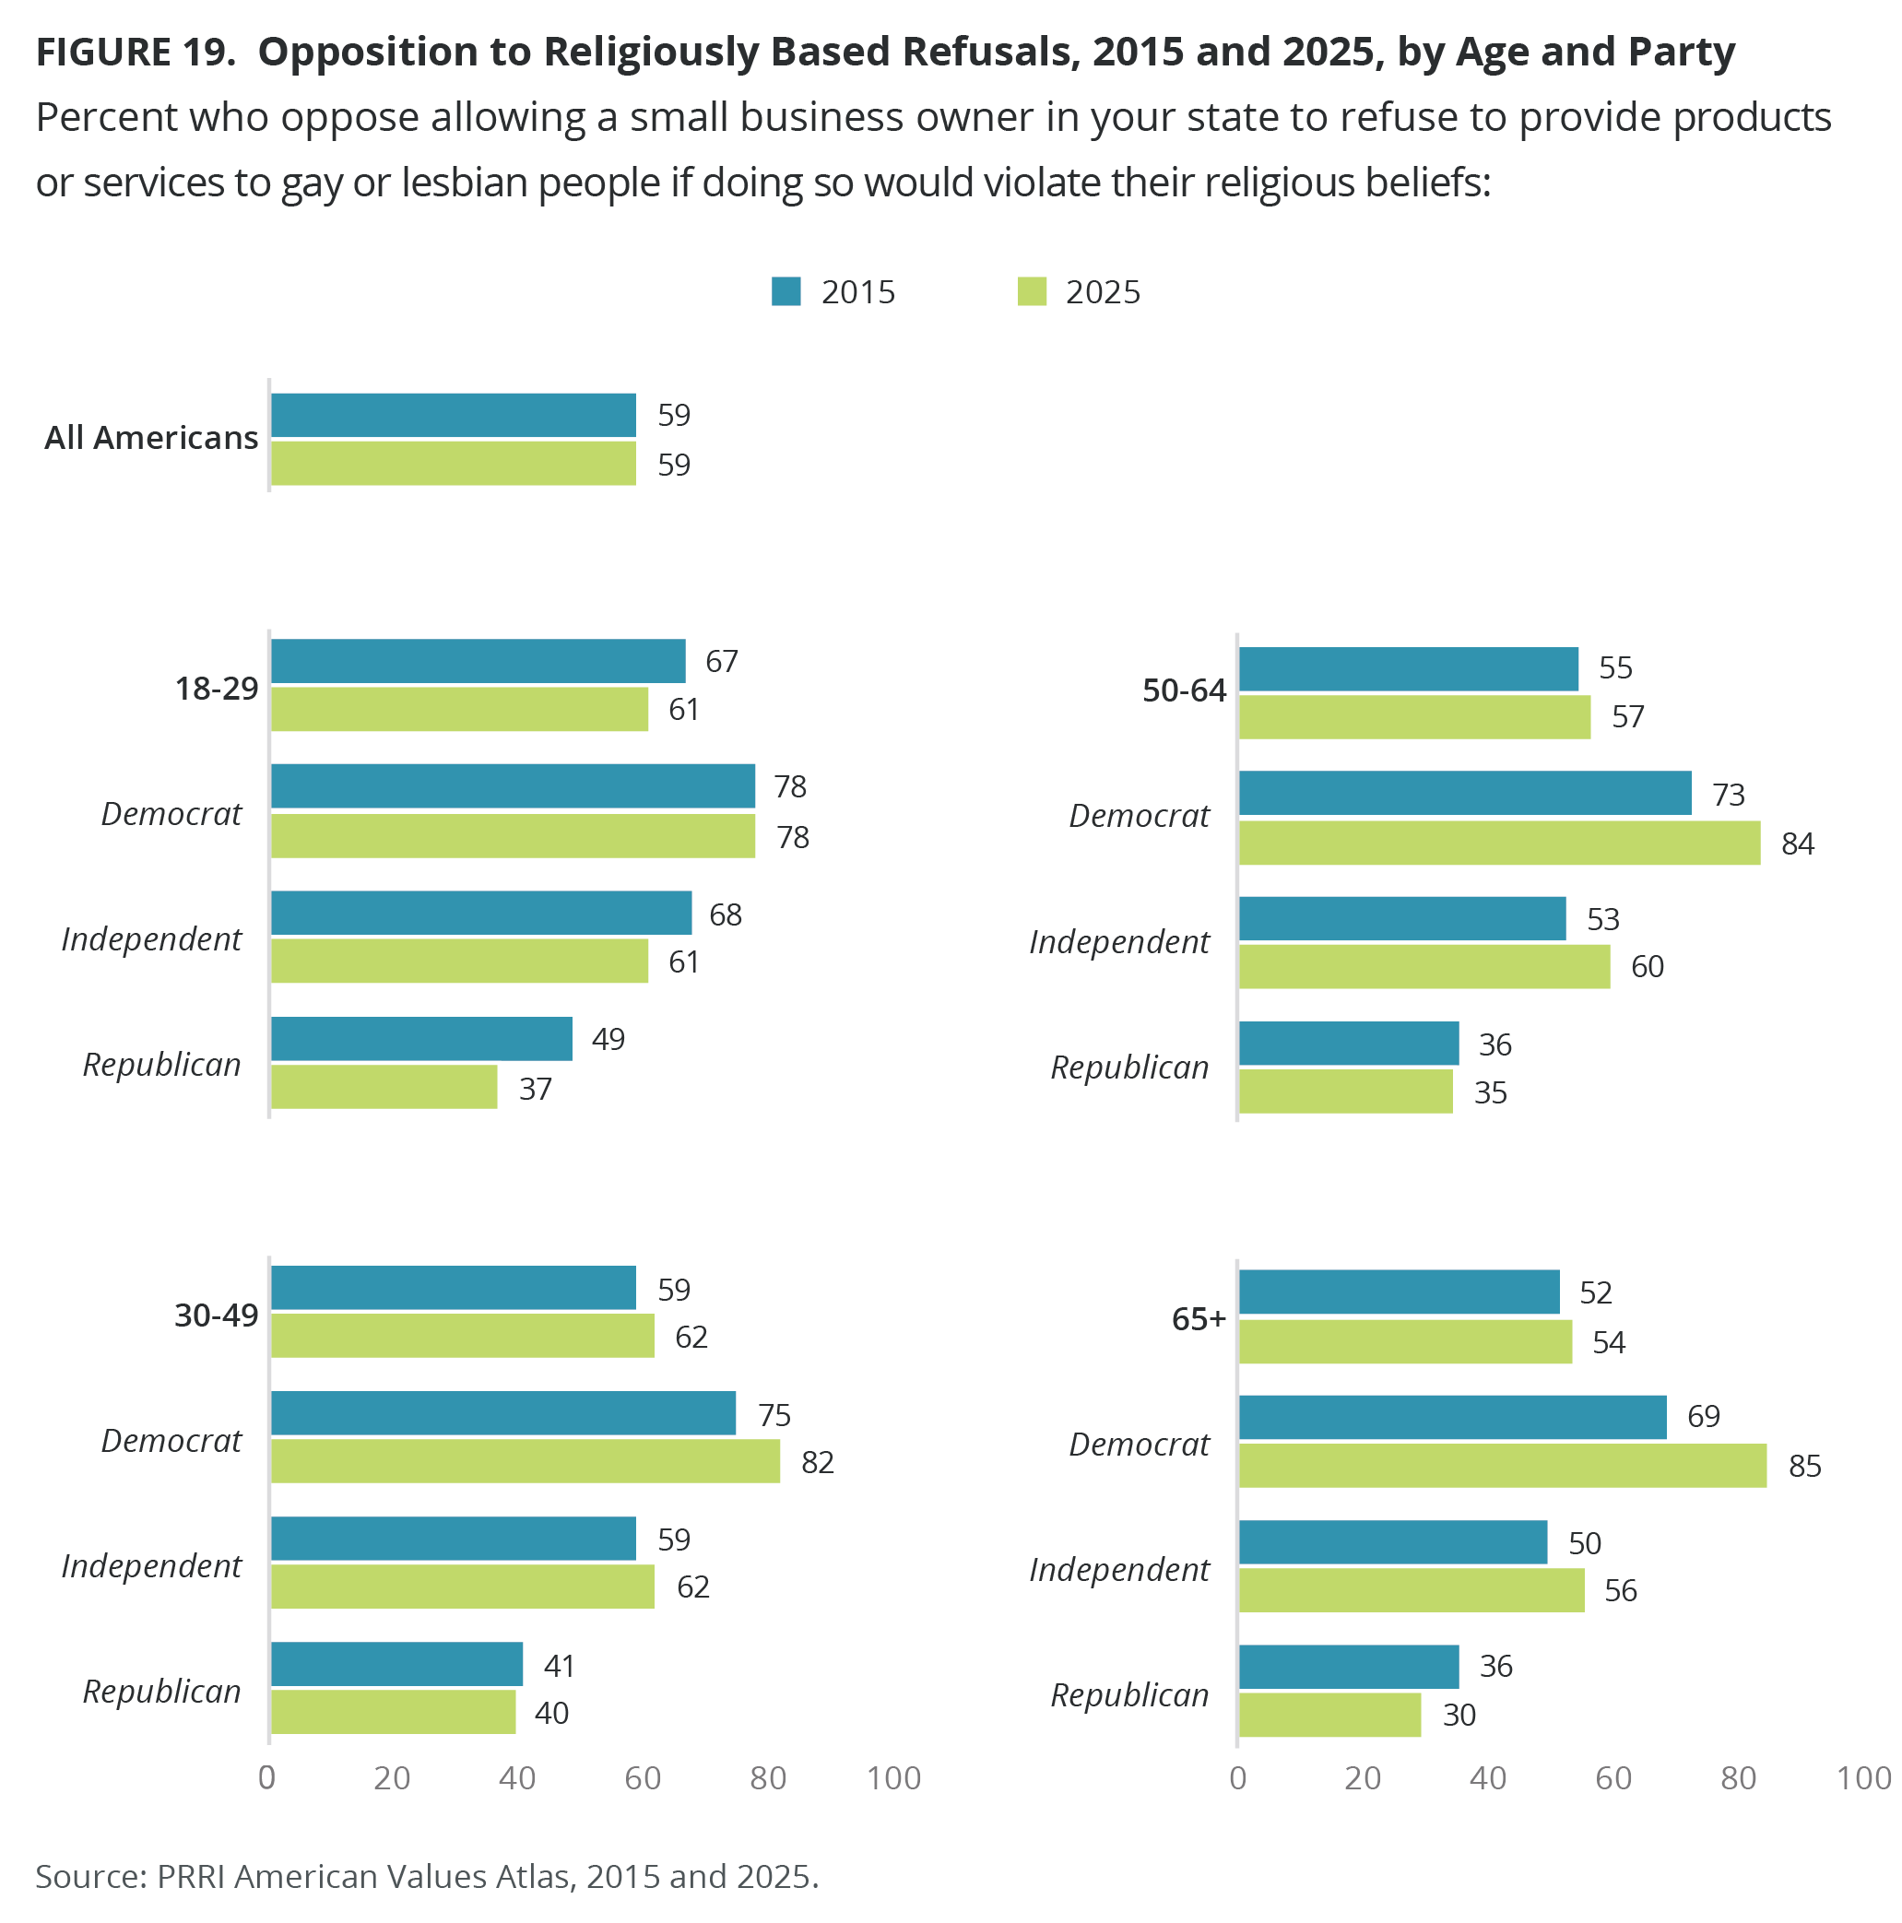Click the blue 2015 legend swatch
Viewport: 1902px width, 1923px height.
tap(786, 291)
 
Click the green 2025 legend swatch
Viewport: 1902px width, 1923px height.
tap(1031, 291)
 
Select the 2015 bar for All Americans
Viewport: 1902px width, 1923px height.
tap(453, 415)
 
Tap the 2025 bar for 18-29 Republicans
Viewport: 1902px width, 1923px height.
tap(384, 1087)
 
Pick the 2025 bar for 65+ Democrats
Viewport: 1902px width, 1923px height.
tap(1502, 1465)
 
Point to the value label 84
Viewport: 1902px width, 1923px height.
tap(1798, 844)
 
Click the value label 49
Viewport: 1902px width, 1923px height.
tap(608, 1039)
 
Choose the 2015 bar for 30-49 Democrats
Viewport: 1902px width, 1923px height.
tap(502, 1412)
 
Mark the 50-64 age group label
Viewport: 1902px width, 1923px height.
tap(1184, 690)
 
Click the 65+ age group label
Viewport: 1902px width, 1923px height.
tap(1199, 1319)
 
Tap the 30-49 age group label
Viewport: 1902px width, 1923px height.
tap(216, 1315)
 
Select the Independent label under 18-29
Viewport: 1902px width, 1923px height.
tap(151, 938)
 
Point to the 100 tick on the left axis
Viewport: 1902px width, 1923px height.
tap(893, 1777)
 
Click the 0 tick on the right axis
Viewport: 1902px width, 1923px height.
tap(1237, 1777)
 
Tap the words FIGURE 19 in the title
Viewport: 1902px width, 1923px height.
tap(136, 52)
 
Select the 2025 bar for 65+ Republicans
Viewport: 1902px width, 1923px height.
tap(1329, 1714)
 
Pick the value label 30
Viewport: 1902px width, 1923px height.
tap(1459, 1714)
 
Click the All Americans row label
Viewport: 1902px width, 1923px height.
tap(151, 438)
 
